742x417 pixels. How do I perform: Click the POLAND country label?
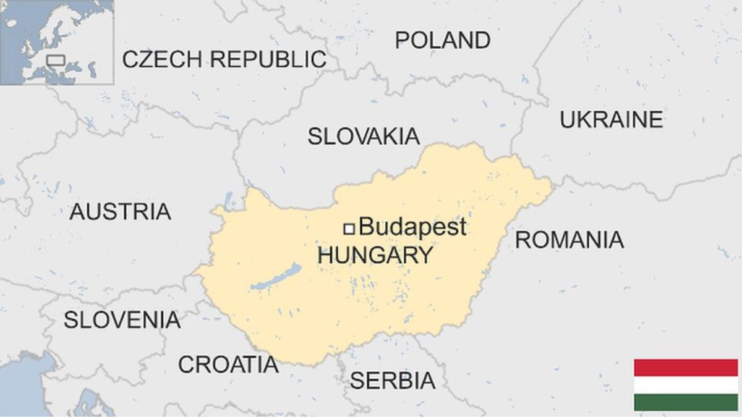click(443, 40)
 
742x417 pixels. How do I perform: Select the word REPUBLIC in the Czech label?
click(269, 59)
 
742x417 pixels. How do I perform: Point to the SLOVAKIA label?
click(364, 137)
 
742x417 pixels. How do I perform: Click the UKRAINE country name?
click(611, 120)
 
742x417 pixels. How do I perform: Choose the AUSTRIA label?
click(120, 212)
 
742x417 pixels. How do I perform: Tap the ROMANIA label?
click(569, 240)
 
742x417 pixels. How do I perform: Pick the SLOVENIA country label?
click(122, 320)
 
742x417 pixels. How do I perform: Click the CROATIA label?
click(228, 364)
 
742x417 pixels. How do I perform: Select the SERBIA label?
click(392, 381)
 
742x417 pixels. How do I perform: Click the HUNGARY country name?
click(375, 255)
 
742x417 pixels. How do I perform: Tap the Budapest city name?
click(412, 227)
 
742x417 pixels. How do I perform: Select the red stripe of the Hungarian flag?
click(686, 368)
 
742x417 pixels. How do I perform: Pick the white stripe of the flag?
click(686, 385)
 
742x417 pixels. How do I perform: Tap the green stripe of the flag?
click(686, 402)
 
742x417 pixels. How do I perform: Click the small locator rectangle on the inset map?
click(56, 60)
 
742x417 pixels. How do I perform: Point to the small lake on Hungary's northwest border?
click(229, 199)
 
